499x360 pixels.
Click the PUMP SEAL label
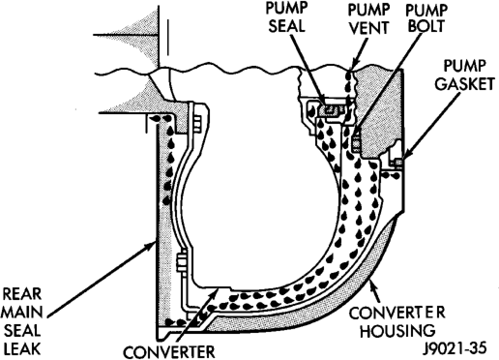click(286, 17)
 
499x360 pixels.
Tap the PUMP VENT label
click(368, 19)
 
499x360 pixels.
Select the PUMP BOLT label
click(426, 17)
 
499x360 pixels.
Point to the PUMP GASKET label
click(464, 75)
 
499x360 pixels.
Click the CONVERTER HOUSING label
click(397, 321)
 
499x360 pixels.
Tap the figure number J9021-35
click(455, 348)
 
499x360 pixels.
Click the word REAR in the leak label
click(22, 294)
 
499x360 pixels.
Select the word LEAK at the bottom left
click(22, 348)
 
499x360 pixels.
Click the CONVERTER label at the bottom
click(169, 351)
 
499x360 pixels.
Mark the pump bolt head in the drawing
click(355, 142)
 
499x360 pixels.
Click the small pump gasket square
click(398, 163)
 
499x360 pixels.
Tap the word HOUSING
click(397, 330)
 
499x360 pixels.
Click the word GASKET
click(464, 84)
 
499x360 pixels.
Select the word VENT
click(368, 28)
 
